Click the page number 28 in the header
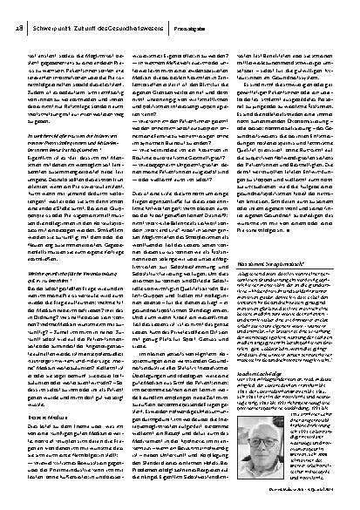point(19,10)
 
